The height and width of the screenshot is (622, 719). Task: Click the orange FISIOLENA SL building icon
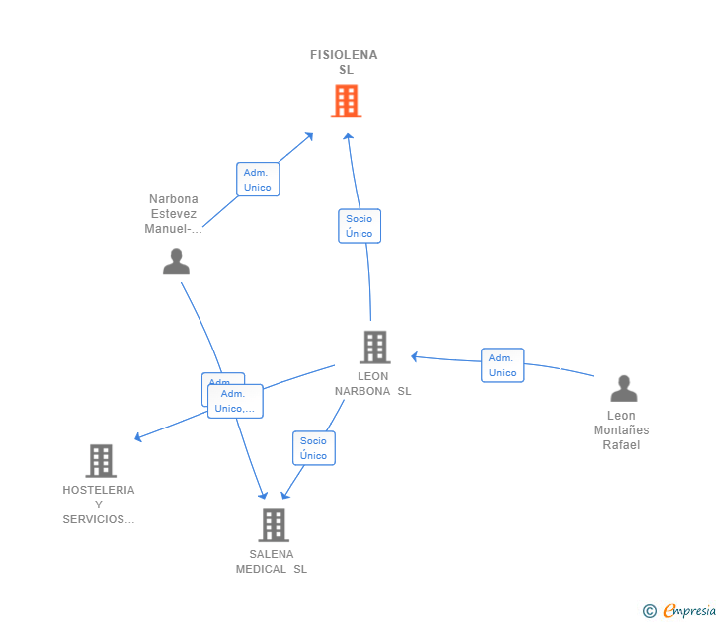click(346, 101)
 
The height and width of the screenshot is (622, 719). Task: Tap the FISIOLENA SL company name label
click(345, 62)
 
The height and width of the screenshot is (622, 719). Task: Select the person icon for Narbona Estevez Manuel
click(176, 262)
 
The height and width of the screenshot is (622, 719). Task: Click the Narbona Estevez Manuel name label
click(173, 214)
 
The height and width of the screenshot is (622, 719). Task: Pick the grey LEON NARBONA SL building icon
click(374, 348)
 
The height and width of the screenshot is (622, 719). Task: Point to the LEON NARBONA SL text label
click(372, 383)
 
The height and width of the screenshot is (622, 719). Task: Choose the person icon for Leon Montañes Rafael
click(623, 389)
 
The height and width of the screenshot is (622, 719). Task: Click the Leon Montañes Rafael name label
click(621, 430)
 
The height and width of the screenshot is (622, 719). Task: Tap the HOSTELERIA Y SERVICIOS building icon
click(101, 461)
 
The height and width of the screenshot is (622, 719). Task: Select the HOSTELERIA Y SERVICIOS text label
click(99, 505)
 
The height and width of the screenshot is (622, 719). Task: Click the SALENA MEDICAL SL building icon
click(274, 525)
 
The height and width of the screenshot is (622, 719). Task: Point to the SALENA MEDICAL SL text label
click(272, 562)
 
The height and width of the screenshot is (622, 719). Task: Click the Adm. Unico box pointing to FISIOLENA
click(258, 180)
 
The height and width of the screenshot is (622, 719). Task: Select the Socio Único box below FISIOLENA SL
click(359, 226)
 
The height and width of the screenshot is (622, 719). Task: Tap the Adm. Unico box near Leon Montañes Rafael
click(503, 365)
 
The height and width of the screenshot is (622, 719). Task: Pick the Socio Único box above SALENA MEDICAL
click(314, 448)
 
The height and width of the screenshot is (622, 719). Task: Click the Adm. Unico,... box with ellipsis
click(236, 401)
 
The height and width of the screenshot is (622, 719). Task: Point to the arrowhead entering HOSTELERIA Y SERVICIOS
click(138, 437)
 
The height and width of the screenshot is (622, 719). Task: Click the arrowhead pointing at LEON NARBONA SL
click(416, 356)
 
